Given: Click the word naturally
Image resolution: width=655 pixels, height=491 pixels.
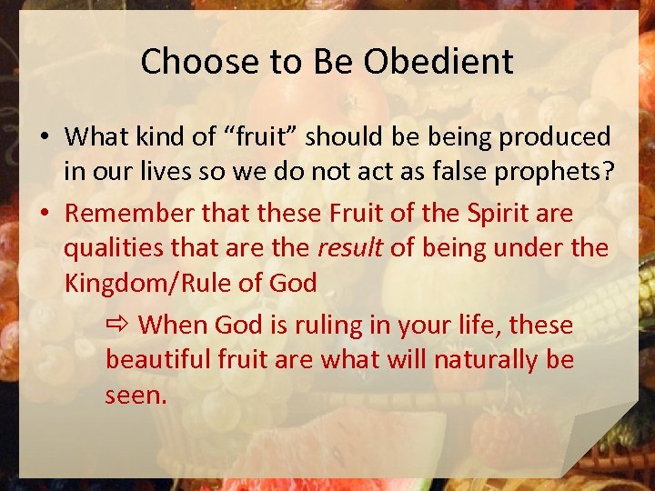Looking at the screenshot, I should click(x=479, y=360).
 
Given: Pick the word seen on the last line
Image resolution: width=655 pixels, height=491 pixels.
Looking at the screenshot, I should click(x=136, y=395).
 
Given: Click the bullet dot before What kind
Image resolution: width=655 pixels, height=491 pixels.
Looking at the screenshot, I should click(x=45, y=138).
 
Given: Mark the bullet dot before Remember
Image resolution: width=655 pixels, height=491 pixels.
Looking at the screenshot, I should click(x=45, y=214).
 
